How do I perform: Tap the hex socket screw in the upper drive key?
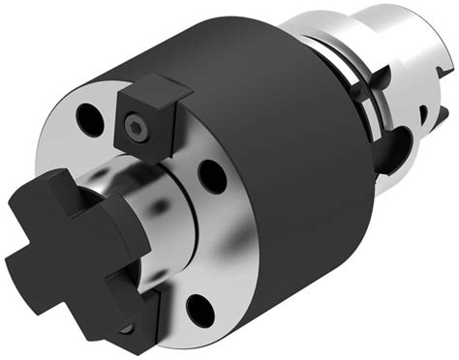[134, 125]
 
